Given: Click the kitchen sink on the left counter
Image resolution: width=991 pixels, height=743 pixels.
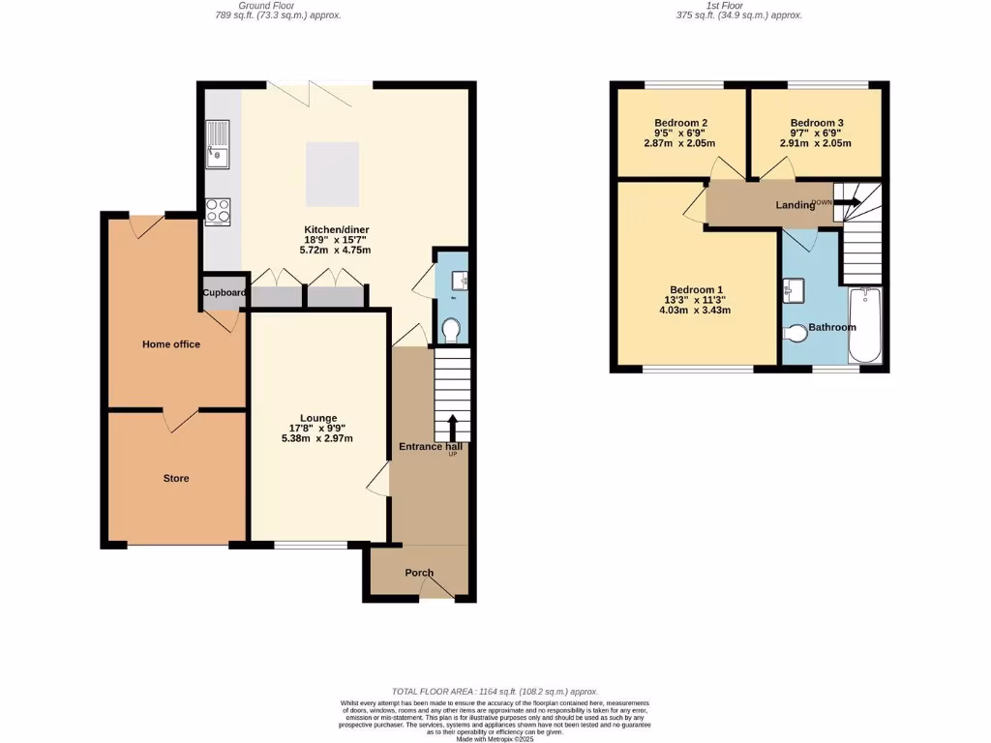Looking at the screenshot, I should click(x=218, y=143).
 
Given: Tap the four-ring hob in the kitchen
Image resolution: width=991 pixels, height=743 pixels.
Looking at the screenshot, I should click(x=218, y=211).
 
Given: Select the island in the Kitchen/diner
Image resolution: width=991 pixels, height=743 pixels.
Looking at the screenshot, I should click(x=333, y=174).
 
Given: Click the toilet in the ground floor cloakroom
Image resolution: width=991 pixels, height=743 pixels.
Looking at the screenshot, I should click(x=450, y=331).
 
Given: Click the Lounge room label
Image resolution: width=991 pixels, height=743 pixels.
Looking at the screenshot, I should click(x=318, y=418).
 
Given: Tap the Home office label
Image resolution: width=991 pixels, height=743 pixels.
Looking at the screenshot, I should click(x=171, y=344).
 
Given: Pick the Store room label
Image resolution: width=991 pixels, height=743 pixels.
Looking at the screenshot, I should click(x=175, y=478).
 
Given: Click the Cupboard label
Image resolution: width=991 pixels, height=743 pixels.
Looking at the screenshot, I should click(x=225, y=293).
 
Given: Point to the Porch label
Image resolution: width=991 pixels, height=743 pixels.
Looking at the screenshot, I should click(x=419, y=573).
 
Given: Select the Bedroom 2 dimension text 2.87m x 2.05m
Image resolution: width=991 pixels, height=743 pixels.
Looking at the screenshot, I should click(x=679, y=143).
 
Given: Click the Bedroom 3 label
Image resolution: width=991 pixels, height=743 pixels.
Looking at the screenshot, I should click(x=817, y=123).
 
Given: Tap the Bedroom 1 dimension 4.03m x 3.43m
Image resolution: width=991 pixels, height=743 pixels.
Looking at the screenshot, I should click(x=695, y=311).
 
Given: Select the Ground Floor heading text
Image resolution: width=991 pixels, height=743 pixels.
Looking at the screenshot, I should click(x=276, y=5).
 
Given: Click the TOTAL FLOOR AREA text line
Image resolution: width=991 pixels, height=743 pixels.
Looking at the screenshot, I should click(x=495, y=692).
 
